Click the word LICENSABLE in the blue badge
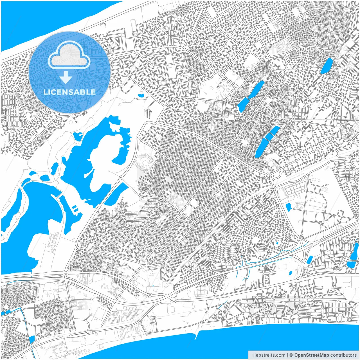[x=69, y=92]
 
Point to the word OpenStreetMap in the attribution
[x=311, y=355]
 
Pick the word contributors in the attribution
[x=343, y=355]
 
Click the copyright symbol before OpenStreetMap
[x=291, y=355]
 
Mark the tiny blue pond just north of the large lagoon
[x=141, y=96]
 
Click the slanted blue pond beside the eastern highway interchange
[x=310, y=260]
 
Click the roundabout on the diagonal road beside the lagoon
[x=121, y=177]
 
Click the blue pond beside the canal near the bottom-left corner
[x=31, y=339]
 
